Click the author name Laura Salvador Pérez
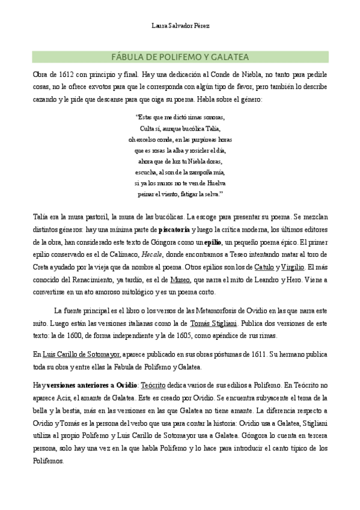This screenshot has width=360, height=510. coord(180,26)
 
